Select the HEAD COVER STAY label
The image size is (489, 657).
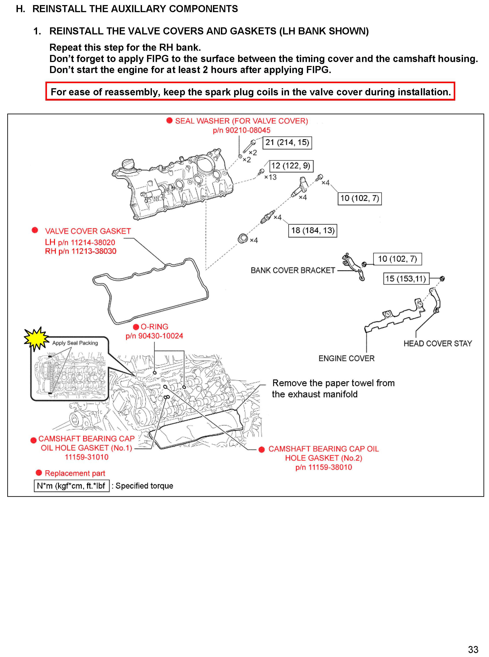pos(437,343)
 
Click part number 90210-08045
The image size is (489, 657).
pos(242,130)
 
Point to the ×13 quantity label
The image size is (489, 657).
pos(270,177)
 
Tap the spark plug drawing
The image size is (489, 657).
pos(267,217)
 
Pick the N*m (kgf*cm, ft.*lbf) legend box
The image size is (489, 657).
pos(72,486)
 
